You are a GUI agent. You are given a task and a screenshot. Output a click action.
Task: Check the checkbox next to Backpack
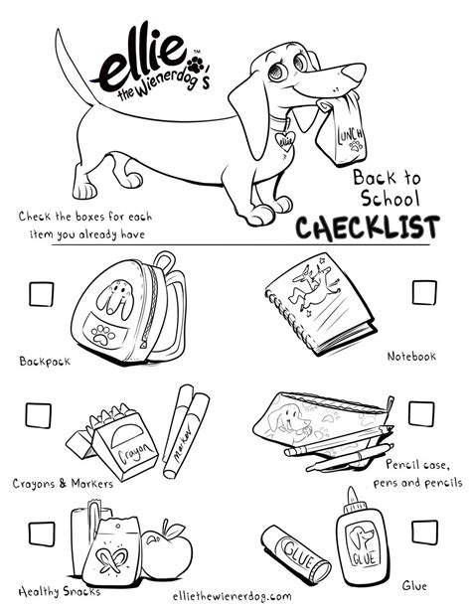tap(41, 294)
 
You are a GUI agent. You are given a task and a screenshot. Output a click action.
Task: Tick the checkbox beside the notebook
tap(424, 292)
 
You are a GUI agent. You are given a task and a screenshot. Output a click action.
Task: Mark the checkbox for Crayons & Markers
tap(38, 414)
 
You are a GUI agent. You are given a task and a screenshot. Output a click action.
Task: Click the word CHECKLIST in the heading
tap(367, 228)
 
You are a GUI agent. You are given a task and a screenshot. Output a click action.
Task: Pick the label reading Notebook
tap(410, 356)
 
